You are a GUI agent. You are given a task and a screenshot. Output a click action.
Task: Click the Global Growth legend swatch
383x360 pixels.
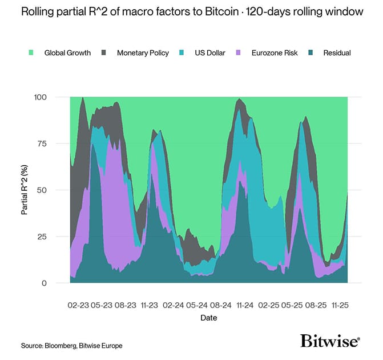point(31,53)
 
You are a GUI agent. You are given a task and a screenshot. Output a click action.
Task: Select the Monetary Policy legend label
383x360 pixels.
point(143,53)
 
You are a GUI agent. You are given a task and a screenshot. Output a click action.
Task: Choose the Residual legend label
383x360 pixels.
point(336,53)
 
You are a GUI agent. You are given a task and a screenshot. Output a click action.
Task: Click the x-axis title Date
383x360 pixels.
point(208,318)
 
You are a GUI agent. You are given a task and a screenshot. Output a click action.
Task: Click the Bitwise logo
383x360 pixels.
point(330,341)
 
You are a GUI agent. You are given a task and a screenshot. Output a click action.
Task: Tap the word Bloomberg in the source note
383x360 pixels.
point(61,346)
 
